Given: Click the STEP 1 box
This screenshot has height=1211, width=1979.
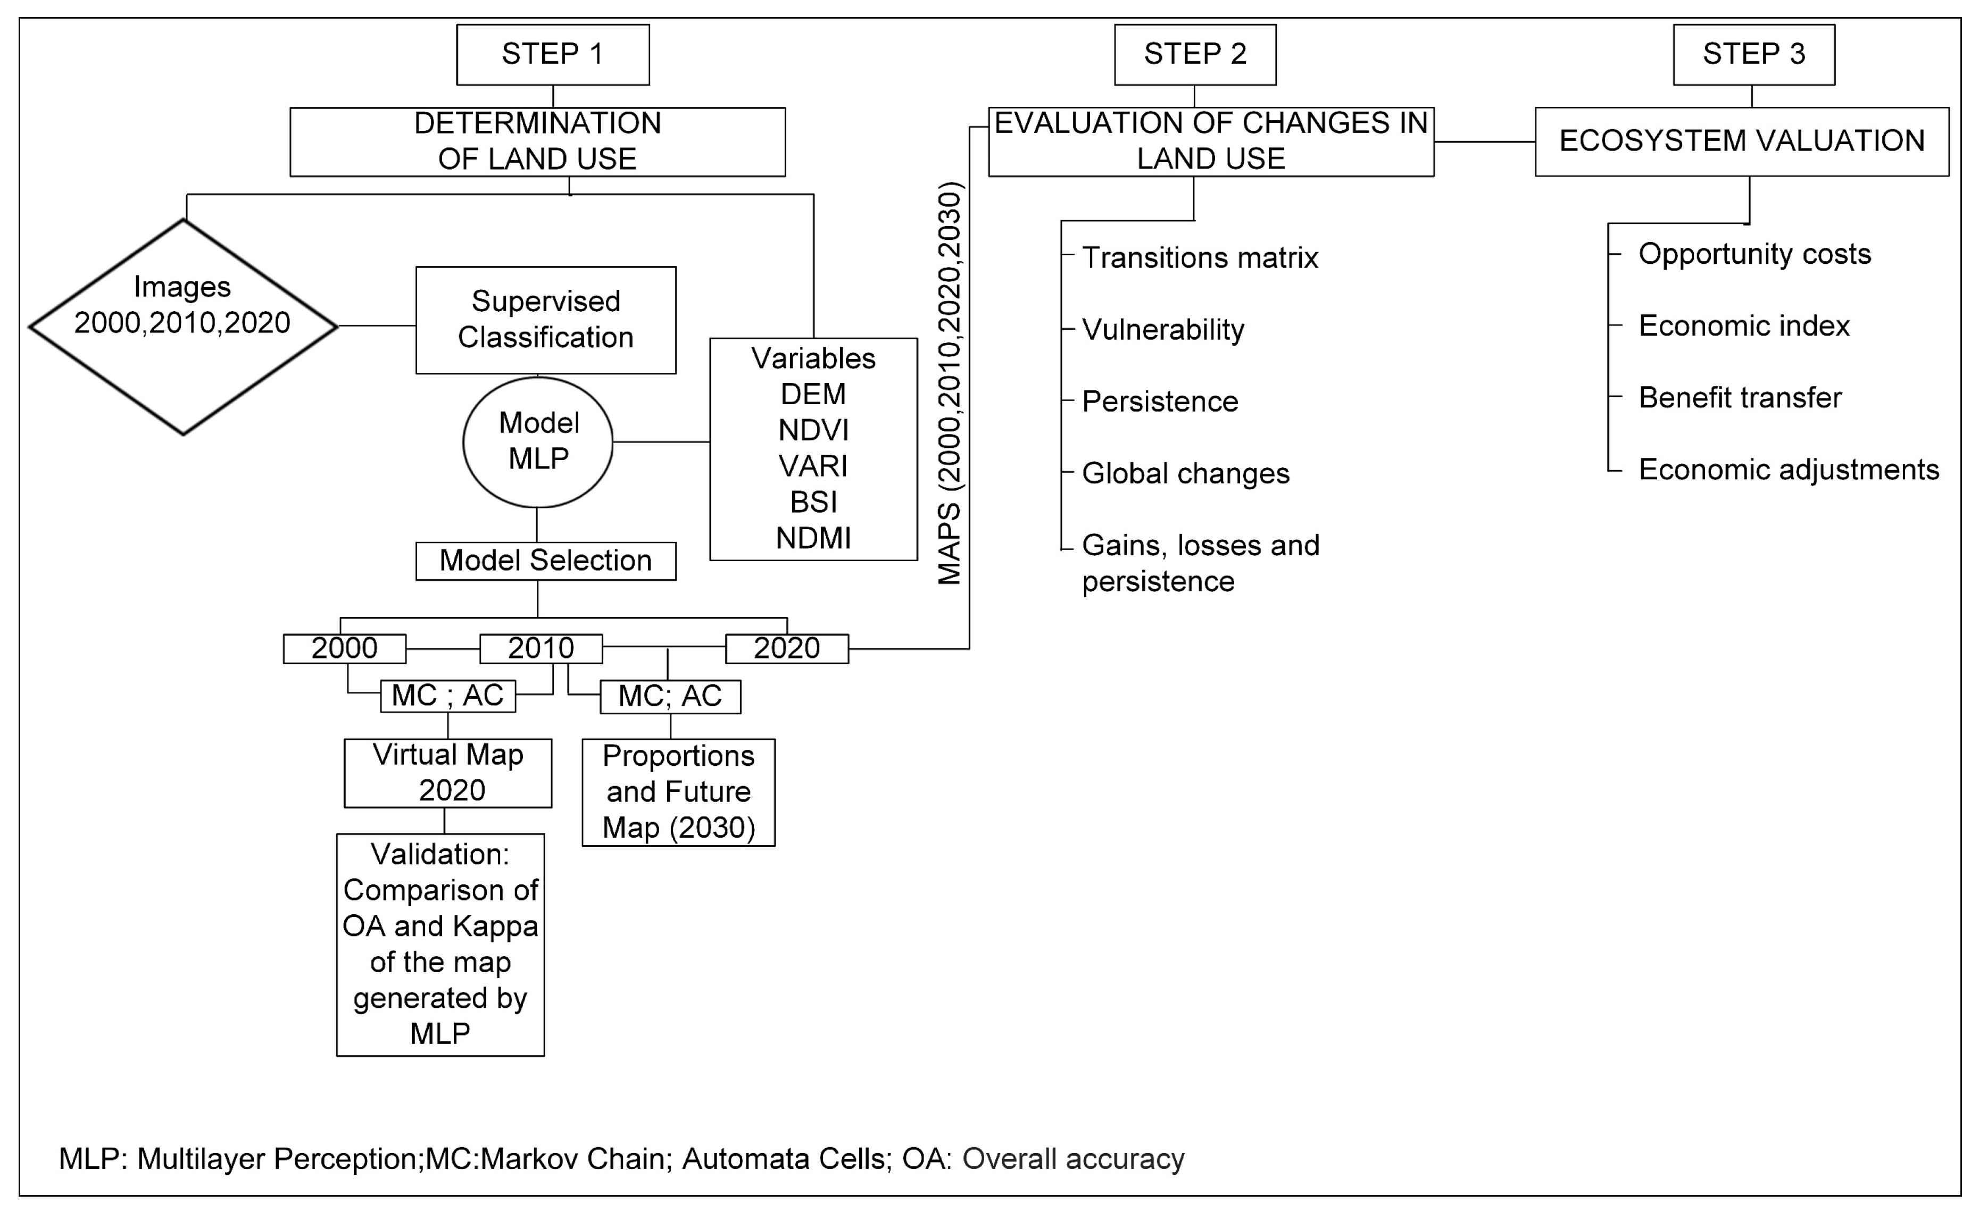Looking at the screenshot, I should click(x=553, y=54).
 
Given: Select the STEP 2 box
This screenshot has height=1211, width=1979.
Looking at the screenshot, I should click(x=1194, y=54).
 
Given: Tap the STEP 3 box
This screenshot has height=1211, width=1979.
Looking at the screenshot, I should click(x=1753, y=54).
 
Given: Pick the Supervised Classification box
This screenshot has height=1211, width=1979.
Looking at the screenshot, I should click(x=545, y=320).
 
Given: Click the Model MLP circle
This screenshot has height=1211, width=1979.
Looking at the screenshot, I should click(x=538, y=441).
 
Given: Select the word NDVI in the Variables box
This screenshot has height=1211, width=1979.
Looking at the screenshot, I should click(x=813, y=430).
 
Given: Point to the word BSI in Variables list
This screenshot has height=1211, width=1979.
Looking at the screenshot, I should click(x=813, y=502).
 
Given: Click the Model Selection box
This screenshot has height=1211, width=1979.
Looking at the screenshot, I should click(x=545, y=561).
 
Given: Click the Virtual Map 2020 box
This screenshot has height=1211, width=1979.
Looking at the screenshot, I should click(x=447, y=773).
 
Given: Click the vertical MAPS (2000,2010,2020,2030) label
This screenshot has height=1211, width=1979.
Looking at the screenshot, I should click(x=950, y=384).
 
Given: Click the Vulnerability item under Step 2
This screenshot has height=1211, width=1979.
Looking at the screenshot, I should click(x=1162, y=329).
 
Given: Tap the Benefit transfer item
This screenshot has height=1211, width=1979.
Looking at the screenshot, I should click(x=1739, y=397).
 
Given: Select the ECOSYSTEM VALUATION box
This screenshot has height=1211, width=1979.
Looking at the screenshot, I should click(x=1741, y=141).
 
